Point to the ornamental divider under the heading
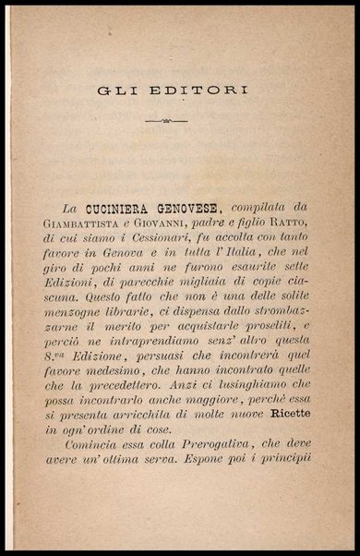[x=179, y=120]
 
